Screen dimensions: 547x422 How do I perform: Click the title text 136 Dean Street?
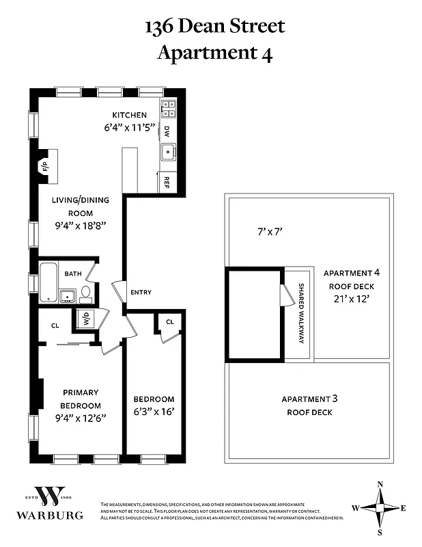pos(214,27)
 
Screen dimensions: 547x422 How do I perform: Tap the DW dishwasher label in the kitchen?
pos(167,130)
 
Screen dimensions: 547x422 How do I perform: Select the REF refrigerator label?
pos(167,182)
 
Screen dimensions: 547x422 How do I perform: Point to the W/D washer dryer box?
pos(87,318)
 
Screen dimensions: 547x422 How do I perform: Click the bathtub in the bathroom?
pos(48,281)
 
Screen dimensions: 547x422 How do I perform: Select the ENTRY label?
pos(141,293)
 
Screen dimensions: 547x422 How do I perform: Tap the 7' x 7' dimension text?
pos(270,232)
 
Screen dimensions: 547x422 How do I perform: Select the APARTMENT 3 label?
pos(309,399)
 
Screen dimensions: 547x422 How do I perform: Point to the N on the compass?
pos(380,484)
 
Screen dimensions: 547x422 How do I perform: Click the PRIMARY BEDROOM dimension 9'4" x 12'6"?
pos(81,419)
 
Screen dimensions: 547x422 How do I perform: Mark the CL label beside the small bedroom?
pos(169,321)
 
